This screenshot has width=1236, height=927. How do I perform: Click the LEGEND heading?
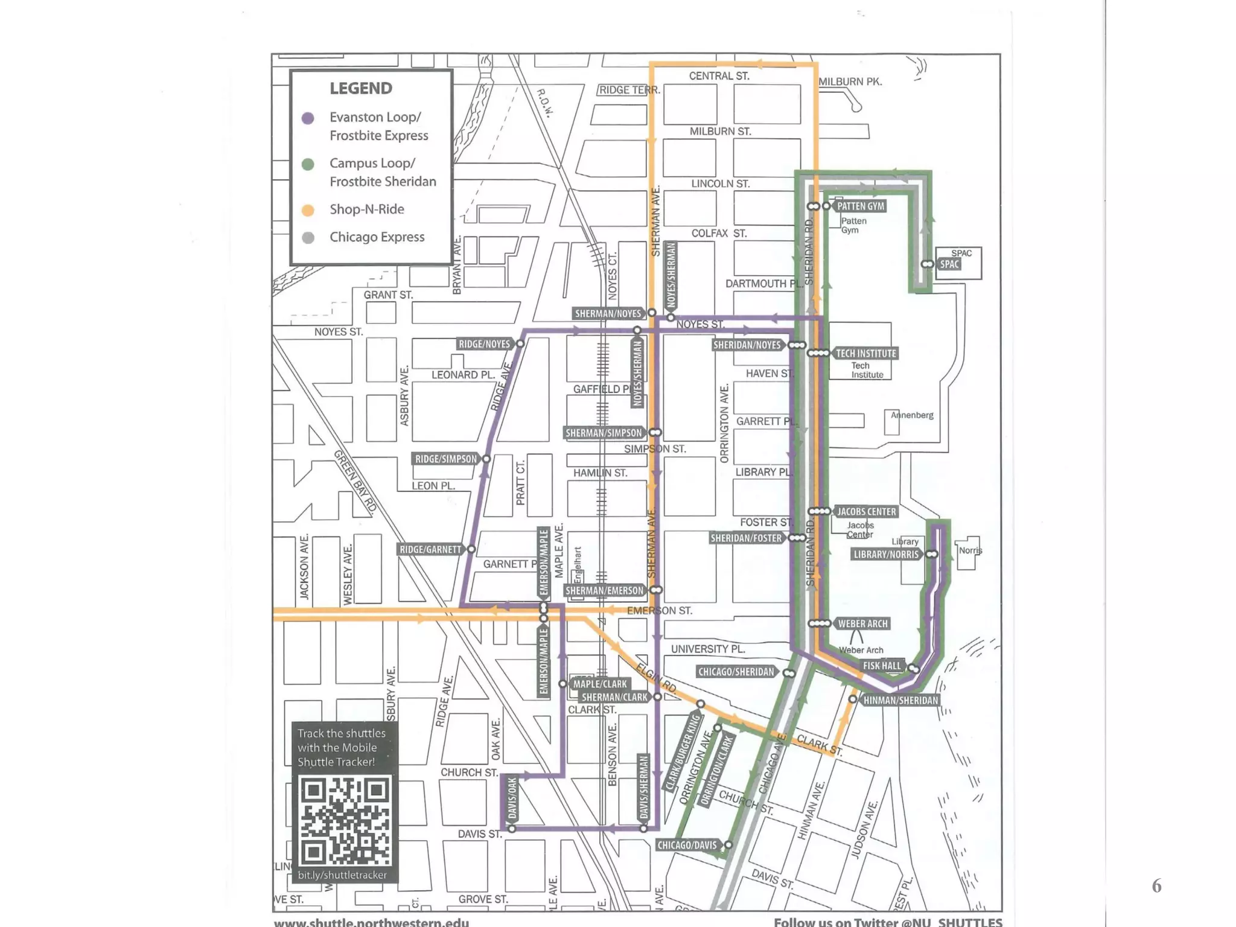tap(360, 89)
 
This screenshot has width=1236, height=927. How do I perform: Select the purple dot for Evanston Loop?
tap(308, 118)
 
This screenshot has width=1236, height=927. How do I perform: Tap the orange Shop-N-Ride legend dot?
tap(308, 210)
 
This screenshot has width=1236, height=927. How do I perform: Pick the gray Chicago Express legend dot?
tap(308, 238)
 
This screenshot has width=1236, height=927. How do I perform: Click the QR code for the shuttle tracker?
tap(345, 821)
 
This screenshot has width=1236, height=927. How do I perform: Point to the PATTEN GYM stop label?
tap(861, 206)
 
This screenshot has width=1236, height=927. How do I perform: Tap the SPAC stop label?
tap(949, 264)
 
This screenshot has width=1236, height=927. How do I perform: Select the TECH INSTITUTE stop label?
tap(866, 354)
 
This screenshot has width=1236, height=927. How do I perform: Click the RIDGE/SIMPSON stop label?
tap(445, 459)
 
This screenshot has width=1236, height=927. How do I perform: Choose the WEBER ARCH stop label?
tap(862, 624)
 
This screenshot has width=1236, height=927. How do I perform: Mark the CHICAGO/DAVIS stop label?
tap(687, 846)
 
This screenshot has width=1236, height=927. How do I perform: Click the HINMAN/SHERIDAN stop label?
tap(900, 701)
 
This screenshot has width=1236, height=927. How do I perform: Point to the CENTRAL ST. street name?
tap(719, 76)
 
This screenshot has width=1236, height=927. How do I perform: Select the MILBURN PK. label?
tap(850, 81)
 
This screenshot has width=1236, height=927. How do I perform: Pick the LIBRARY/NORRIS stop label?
tap(886, 555)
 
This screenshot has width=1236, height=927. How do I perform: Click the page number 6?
tap(1156, 886)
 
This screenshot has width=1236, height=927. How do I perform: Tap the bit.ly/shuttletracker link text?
tap(342, 875)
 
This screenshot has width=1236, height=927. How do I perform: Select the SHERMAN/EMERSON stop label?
tap(604, 591)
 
